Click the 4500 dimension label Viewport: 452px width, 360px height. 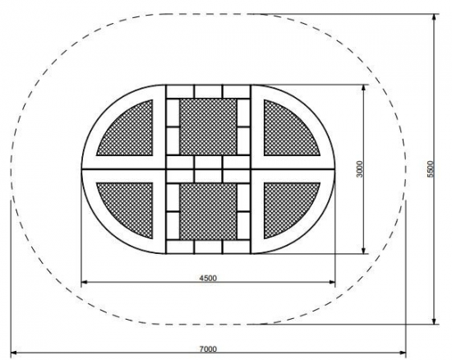pyautogui.click(x=208, y=278)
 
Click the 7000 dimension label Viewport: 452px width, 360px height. pyautogui.click(x=208, y=348)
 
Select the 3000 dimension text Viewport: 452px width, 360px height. pyautogui.click(x=359, y=169)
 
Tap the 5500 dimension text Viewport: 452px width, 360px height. pyautogui.click(x=430, y=169)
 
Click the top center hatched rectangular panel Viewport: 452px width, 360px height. pyautogui.click(x=208, y=127)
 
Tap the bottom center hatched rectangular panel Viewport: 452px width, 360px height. pyautogui.click(x=208, y=211)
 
